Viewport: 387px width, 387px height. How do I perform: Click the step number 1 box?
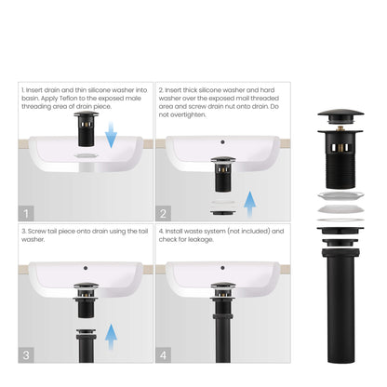[26, 212]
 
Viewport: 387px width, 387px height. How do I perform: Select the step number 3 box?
[26, 354]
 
